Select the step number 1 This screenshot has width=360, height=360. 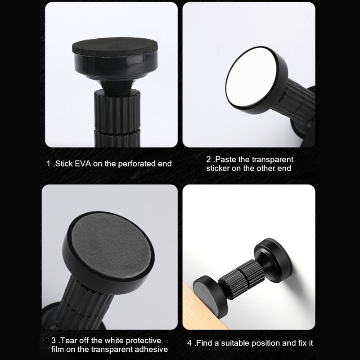(49, 164)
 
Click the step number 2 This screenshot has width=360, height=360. (208, 159)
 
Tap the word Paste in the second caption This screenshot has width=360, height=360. (226, 159)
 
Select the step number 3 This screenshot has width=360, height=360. (54, 340)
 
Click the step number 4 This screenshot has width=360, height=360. (189, 343)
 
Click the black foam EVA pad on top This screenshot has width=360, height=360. (115, 48)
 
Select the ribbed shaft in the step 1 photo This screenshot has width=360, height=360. (117, 118)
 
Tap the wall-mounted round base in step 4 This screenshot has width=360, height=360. (273, 260)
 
